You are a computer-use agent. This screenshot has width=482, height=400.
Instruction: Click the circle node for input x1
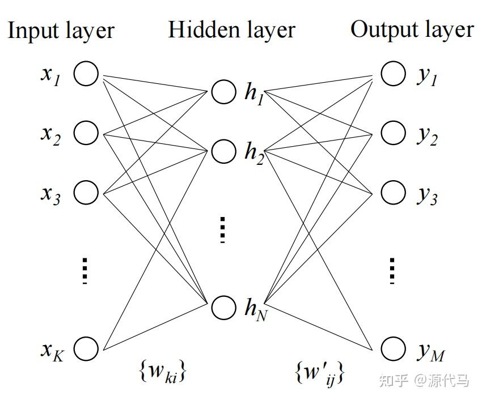86,74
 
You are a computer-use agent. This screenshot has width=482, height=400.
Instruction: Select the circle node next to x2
86,133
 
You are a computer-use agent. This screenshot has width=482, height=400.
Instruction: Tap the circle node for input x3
86,192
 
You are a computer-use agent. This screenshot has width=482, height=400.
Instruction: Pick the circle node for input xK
86,348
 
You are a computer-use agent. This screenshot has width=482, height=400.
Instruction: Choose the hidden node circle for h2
223,151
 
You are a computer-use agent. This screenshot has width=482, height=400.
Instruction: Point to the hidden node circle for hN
223,307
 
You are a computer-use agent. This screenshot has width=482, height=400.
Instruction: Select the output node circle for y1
393,74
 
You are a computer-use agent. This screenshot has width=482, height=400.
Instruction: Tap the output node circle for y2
393,133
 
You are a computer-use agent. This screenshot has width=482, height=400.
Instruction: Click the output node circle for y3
393,192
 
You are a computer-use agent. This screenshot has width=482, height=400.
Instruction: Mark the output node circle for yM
393,348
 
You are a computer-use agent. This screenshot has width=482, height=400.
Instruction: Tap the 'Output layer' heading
412,29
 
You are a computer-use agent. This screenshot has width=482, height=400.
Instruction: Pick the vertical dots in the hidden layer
223,229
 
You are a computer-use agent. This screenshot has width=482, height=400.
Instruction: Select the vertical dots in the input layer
85,270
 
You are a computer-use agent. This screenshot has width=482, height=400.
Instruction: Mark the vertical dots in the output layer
392,270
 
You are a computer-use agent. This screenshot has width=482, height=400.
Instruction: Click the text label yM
430,352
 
